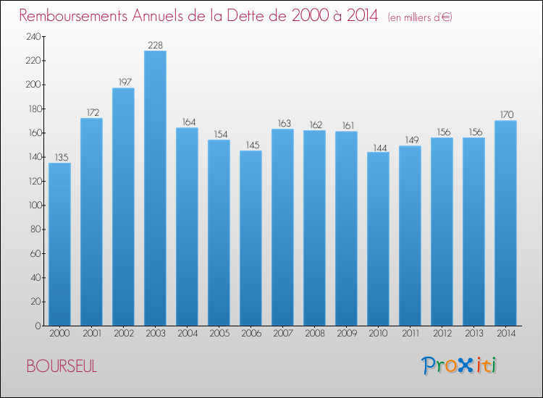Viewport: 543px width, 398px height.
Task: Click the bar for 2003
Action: pyautogui.click(x=155, y=188)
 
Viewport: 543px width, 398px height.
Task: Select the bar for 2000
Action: pyautogui.click(x=59, y=245)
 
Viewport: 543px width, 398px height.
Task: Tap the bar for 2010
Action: pyautogui.click(x=378, y=239)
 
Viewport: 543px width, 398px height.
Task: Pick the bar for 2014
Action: pyautogui.click(x=505, y=223)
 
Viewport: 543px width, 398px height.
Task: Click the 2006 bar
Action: pyautogui.click(x=251, y=238)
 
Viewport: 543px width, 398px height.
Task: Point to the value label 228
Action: pyautogui.click(x=155, y=46)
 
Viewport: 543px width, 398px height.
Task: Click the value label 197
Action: pyautogui.click(x=125, y=82)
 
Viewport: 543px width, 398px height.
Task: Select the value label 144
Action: pyautogui.click(x=380, y=148)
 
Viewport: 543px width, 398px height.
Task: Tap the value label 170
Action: pyautogui.click(x=507, y=114)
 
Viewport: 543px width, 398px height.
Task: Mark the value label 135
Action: pyautogui.click(x=62, y=158)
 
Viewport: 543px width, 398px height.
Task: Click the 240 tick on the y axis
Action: pyautogui.click(x=33, y=37)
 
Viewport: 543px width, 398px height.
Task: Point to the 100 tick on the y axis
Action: pyautogui.click(x=35, y=206)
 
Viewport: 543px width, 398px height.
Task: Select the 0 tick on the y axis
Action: pyautogui.click(x=38, y=326)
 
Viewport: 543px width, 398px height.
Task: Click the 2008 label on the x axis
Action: pyautogui.click(x=315, y=334)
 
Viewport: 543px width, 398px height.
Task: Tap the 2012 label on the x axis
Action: pyautogui.click(x=442, y=334)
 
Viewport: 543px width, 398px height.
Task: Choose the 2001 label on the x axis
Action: pyautogui.click(x=92, y=334)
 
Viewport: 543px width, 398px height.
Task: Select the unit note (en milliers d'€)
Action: pyautogui.click(x=420, y=17)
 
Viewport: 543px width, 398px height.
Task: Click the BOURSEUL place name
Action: pyautogui.click(x=62, y=366)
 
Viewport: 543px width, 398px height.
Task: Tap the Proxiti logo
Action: pyautogui.click(x=459, y=365)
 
